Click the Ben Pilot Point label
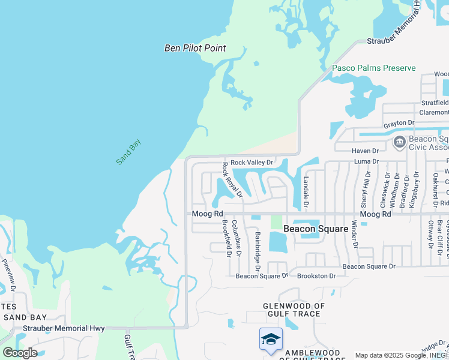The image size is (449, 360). [195, 48]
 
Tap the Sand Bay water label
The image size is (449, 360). [128, 152]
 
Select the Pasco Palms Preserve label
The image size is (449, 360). [374, 68]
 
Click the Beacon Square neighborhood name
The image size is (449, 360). [316, 229]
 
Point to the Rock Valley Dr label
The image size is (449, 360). [252, 162]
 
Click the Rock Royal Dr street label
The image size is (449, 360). [232, 179]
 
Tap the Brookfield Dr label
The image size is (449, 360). [226, 238]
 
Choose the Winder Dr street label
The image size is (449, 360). [354, 235]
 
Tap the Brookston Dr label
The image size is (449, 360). [316, 276]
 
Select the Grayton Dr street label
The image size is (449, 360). [399, 123]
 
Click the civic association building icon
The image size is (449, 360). [399, 143]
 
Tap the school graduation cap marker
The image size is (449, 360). [271, 338]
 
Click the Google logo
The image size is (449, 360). [20, 353]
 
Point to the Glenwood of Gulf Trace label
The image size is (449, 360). [294, 310]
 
